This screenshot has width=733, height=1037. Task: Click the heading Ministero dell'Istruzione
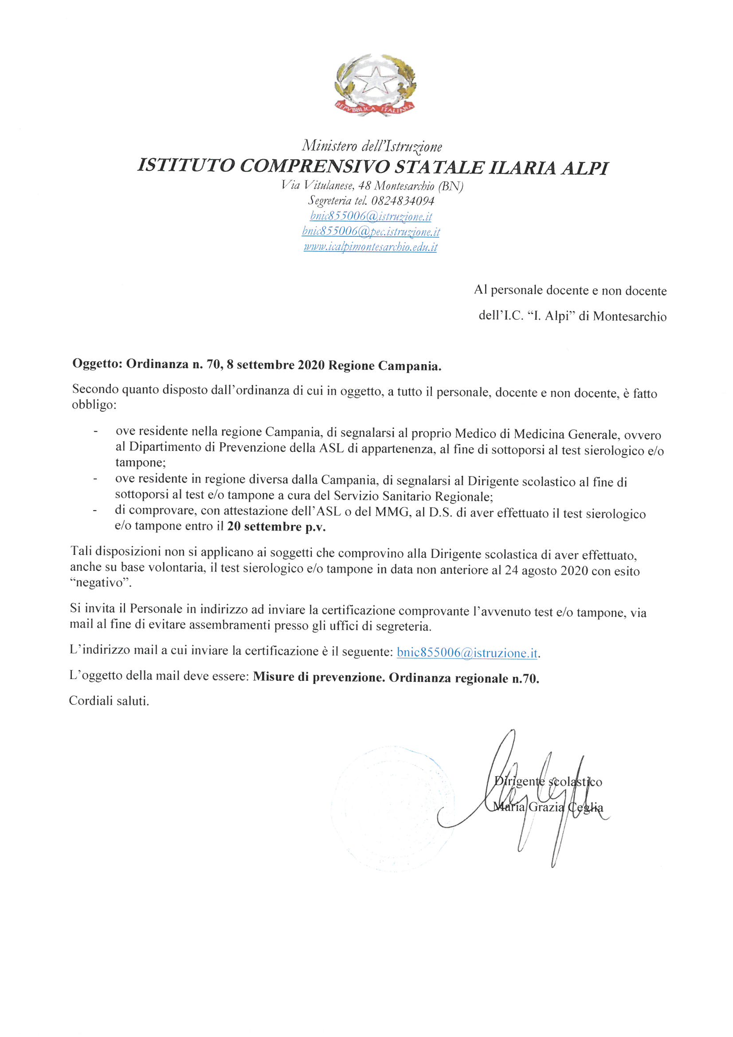(372, 146)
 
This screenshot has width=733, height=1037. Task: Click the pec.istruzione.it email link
(371, 232)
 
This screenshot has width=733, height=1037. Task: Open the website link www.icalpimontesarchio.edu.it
(370, 247)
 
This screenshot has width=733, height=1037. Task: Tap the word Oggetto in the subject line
(96, 364)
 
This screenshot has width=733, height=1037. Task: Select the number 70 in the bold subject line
(213, 365)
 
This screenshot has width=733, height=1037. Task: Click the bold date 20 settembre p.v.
(276, 526)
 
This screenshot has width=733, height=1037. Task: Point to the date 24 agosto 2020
(546, 570)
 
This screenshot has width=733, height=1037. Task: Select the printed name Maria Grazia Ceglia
(548, 807)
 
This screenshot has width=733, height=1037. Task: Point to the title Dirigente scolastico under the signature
(548, 782)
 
